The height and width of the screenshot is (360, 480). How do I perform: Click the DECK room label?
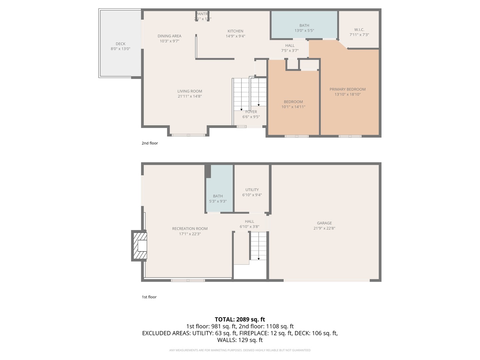(x=120, y=44)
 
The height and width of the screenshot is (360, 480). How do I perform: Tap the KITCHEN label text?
(x=235, y=31)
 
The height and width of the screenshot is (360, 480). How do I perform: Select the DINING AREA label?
(x=169, y=36)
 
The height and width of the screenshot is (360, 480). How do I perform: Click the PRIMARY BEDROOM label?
(x=347, y=89)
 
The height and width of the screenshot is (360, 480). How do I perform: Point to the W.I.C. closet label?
(x=359, y=30)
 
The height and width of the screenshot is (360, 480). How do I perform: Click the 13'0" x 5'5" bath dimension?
(x=304, y=31)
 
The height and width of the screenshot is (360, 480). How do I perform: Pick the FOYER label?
(x=251, y=112)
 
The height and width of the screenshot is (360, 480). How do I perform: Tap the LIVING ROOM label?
(x=190, y=91)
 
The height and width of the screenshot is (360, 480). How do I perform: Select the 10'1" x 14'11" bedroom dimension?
(x=293, y=107)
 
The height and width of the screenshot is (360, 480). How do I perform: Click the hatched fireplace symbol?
(x=140, y=246)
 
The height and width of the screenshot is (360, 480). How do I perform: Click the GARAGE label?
(x=324, y=223)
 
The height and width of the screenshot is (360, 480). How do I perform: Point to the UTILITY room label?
(x=252, y=190)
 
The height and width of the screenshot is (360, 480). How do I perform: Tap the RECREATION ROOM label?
(x=190, y=229)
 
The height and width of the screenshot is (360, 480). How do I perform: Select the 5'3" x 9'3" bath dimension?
(x=218, y=201)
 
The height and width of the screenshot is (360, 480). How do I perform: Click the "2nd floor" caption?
(x=150, y=143)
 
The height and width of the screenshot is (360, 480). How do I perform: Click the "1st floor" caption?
(x=149, y=297)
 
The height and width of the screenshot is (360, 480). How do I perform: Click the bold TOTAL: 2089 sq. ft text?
(x=240, y=319)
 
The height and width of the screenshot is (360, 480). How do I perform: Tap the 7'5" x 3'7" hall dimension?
(x=290, y=51)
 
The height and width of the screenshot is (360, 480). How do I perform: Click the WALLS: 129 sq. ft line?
(x=240, y=340)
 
